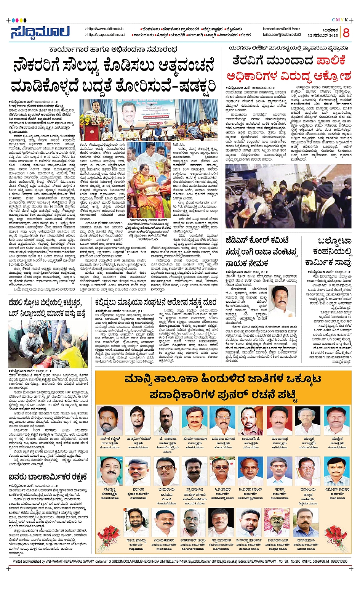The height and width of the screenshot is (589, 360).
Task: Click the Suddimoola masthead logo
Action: coord(40,32)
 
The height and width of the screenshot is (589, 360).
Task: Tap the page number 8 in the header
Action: coord(346,33)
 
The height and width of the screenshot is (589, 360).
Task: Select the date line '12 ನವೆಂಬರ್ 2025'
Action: coord(323,35)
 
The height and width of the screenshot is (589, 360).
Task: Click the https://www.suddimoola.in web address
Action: coord(106,29)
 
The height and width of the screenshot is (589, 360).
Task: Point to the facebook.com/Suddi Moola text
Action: coord(282,29)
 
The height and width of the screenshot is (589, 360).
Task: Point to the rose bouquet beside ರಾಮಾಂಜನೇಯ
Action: coord(336,537)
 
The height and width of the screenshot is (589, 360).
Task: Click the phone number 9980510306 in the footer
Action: coord(337,562)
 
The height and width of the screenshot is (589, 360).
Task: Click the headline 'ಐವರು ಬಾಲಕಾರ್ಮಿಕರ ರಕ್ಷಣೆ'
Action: coord(48,477)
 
